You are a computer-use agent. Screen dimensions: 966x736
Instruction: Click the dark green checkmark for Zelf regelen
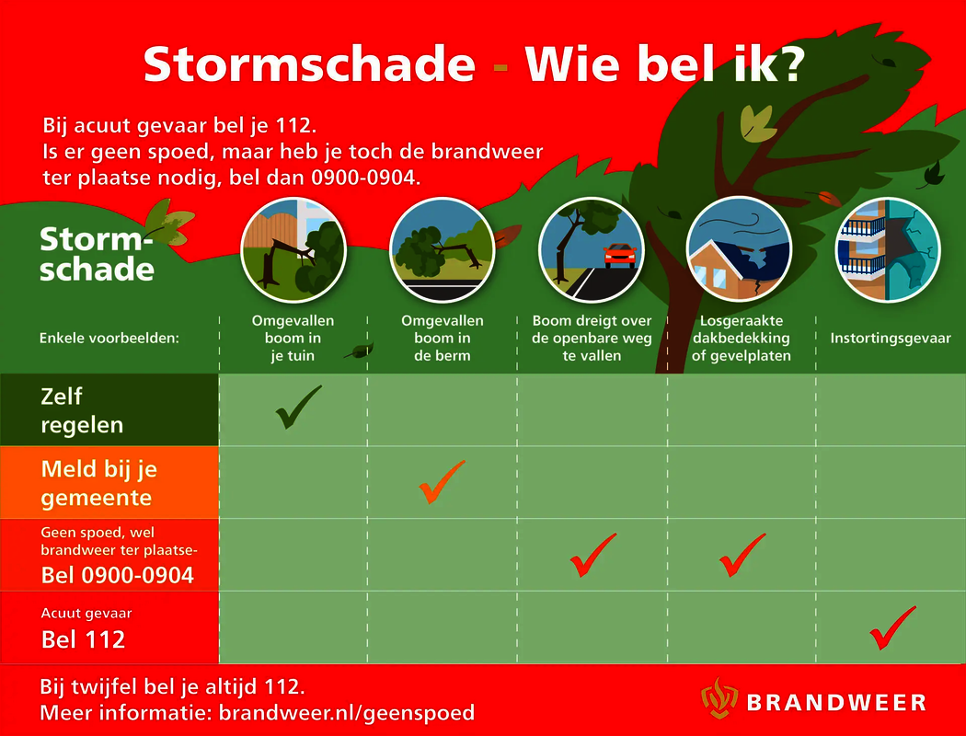point(297,408)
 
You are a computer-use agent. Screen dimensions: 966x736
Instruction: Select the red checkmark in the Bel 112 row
point(892,628)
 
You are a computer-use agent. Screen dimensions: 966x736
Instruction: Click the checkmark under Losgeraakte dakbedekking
point(742,556)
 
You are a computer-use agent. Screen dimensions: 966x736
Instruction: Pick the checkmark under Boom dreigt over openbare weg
point(592,556)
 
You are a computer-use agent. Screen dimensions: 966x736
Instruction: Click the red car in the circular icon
point(620,255)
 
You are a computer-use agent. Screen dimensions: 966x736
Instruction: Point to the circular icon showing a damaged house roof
point(740,249)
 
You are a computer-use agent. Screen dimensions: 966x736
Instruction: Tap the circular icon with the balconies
point(888,249)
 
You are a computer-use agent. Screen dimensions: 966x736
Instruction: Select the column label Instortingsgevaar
point(891,339)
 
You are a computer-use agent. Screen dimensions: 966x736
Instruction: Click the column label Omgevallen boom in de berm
point(443,339)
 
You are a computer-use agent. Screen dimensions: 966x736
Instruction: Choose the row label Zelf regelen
point(82,411)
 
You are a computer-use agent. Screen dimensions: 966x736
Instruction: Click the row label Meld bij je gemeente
point(99,484)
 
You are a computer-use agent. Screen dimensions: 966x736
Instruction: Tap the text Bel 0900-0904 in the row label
point(118,575)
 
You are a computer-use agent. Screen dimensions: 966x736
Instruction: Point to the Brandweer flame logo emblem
point(719,697)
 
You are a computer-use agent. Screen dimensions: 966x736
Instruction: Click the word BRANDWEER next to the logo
point(836,703)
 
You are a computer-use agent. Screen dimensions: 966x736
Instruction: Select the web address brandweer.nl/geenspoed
point(347,713)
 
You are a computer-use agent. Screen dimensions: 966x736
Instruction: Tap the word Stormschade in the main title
point(309,63)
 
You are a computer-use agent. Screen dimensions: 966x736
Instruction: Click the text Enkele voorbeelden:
point(109,339)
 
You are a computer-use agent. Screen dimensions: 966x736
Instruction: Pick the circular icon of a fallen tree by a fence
point(293,249)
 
